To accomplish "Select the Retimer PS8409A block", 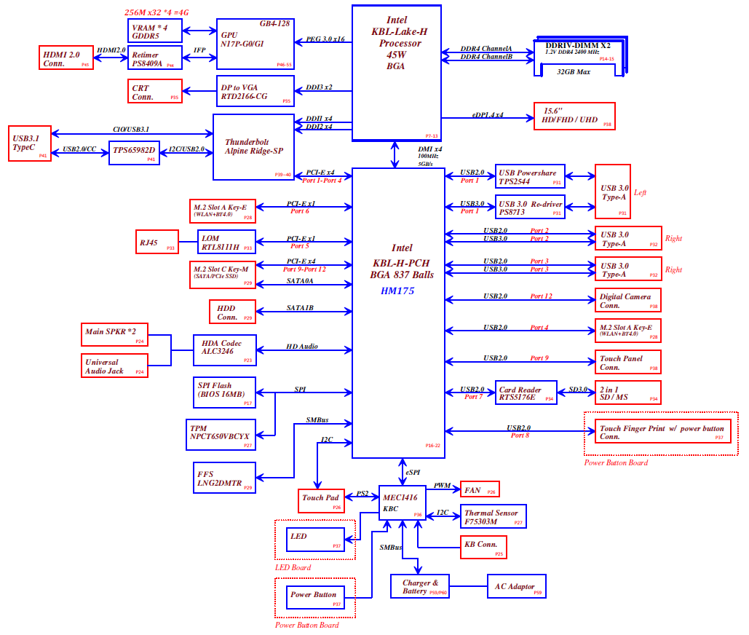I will click(155, 58).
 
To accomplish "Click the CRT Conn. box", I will click(154, 92).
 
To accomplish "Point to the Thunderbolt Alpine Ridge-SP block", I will click(253, 146).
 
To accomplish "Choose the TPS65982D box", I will click(134, 152).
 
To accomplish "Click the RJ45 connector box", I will click(156, 242).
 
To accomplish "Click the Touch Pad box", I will click(321, 499).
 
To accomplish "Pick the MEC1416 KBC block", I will click(402, 503).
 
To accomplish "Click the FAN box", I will click(479, 489).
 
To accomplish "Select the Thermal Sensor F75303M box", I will click(492, 517).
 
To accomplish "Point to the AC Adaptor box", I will click(516, 586).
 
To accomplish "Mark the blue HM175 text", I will click(397, 291).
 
